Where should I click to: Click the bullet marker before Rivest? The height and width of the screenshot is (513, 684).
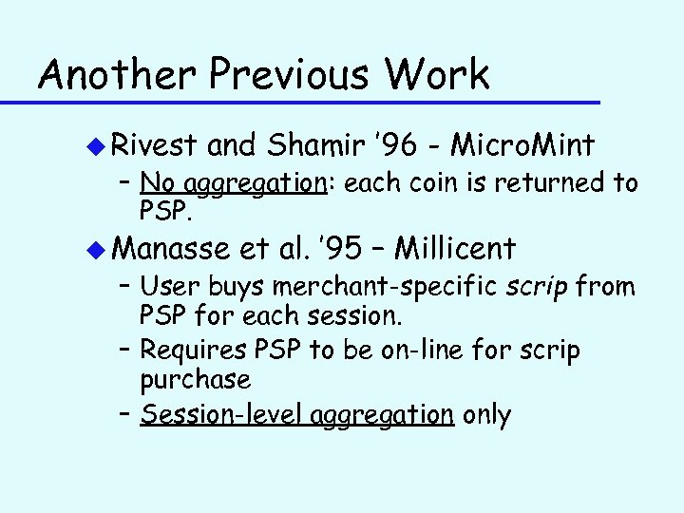(95, 145)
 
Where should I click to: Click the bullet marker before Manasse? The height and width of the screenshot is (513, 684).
(95, 250)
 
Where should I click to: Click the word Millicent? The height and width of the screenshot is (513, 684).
(455, 250)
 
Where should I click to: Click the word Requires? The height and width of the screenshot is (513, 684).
(194, 351)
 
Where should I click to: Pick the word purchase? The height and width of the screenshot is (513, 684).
(195, 381)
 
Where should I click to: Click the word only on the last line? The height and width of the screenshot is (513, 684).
(485, 414)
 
